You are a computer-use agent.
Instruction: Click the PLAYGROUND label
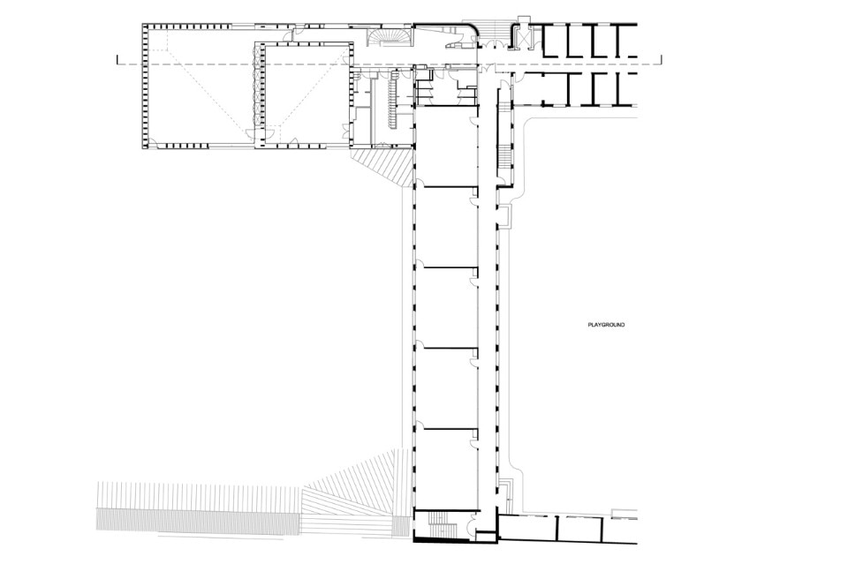[606, 325]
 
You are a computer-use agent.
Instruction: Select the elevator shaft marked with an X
[524, 38]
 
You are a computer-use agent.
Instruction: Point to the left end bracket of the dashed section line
[117, 60]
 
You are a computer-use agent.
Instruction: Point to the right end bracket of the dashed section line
[661, 60]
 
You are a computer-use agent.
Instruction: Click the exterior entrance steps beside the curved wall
[494, 33]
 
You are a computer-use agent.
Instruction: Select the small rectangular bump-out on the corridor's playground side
[505, 215]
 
